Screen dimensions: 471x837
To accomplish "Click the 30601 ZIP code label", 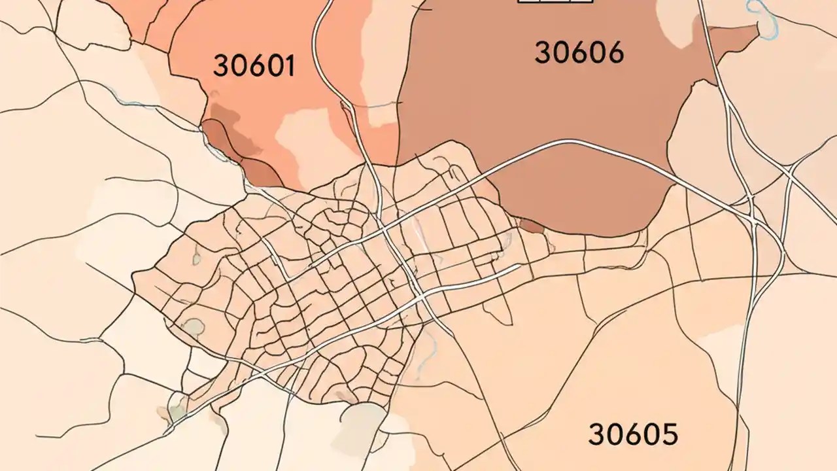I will pyautogui.click(x=254, y=65).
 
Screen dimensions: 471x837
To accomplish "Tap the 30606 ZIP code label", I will pyautogui.click(x=579, y=52).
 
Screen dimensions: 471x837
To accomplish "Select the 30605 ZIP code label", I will pyautogui.click(x=633, y=434).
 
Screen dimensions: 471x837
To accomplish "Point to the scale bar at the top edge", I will pyautogui.click(x=555, y=2).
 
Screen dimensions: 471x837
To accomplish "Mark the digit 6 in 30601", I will pyautogui.click(x=254, y=65).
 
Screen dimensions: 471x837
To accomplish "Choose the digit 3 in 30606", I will pyautogui.click(x=543, y=52).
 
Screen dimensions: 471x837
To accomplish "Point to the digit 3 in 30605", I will pyautogui.click(x=596, y=434).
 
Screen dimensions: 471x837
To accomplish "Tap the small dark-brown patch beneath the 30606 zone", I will pyautogui.click(x=531, y=226).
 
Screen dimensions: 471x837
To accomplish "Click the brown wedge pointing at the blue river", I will pyautogui.click(x=732, y=36).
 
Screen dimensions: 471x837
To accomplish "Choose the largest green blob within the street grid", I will pyautogui.click(x=194, y=326).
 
